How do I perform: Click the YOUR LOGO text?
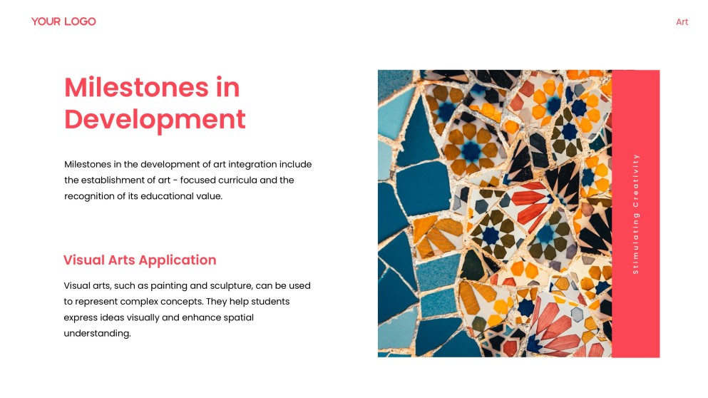pos(63,21)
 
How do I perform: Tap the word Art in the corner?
pos(682,22)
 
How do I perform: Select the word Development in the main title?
pos(155,118)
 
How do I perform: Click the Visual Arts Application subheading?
pos(140,260)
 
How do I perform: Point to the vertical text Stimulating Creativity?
pos(635,213)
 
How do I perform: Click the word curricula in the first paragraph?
pos(237,180)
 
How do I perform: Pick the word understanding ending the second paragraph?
pos(97,333)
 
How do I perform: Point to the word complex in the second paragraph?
pos(138,302)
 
